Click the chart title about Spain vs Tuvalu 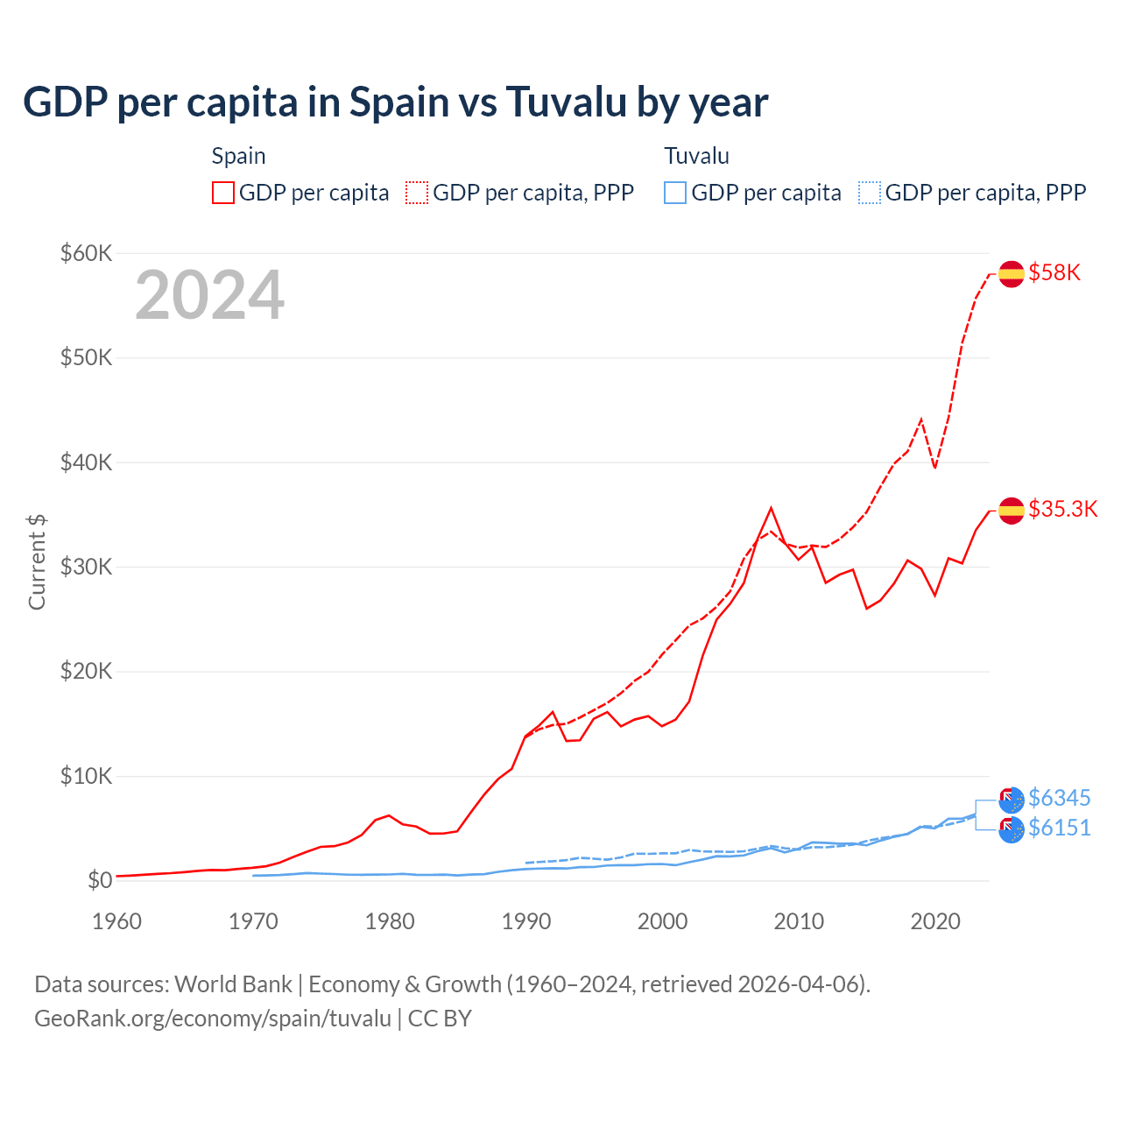coord(396,102)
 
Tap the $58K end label coord(1054,272)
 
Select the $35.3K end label coord(1062,509)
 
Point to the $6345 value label coord(1059,798)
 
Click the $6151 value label coord(1059,828)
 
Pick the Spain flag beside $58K coord(1012,273)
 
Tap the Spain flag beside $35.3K coord(1012,510)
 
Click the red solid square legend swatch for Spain coord(223,193)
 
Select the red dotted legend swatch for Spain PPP coord(417,193)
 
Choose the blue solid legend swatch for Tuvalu coord(675,193)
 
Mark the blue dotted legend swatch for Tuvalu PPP coord(870,193)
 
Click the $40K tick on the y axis coord(87,462)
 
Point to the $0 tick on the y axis coord(100,880)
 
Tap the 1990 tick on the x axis coord(526,921)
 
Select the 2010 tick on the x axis coord(799,921)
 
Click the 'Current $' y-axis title coord(37,562)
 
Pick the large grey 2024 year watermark coord(210,295)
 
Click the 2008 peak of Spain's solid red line coord(771,508)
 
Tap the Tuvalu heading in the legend coord(696,156)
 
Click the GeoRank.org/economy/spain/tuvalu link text coord(213,1019)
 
